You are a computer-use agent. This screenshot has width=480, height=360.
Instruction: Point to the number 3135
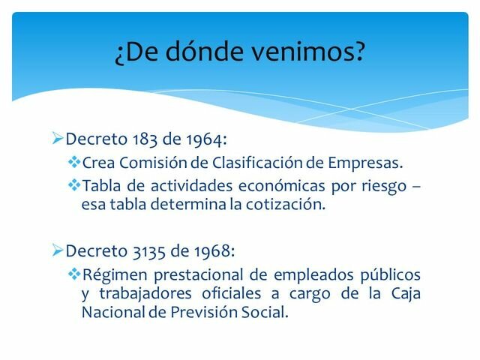point(147,249)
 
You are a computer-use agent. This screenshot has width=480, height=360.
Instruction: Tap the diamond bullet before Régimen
point(73,274)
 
